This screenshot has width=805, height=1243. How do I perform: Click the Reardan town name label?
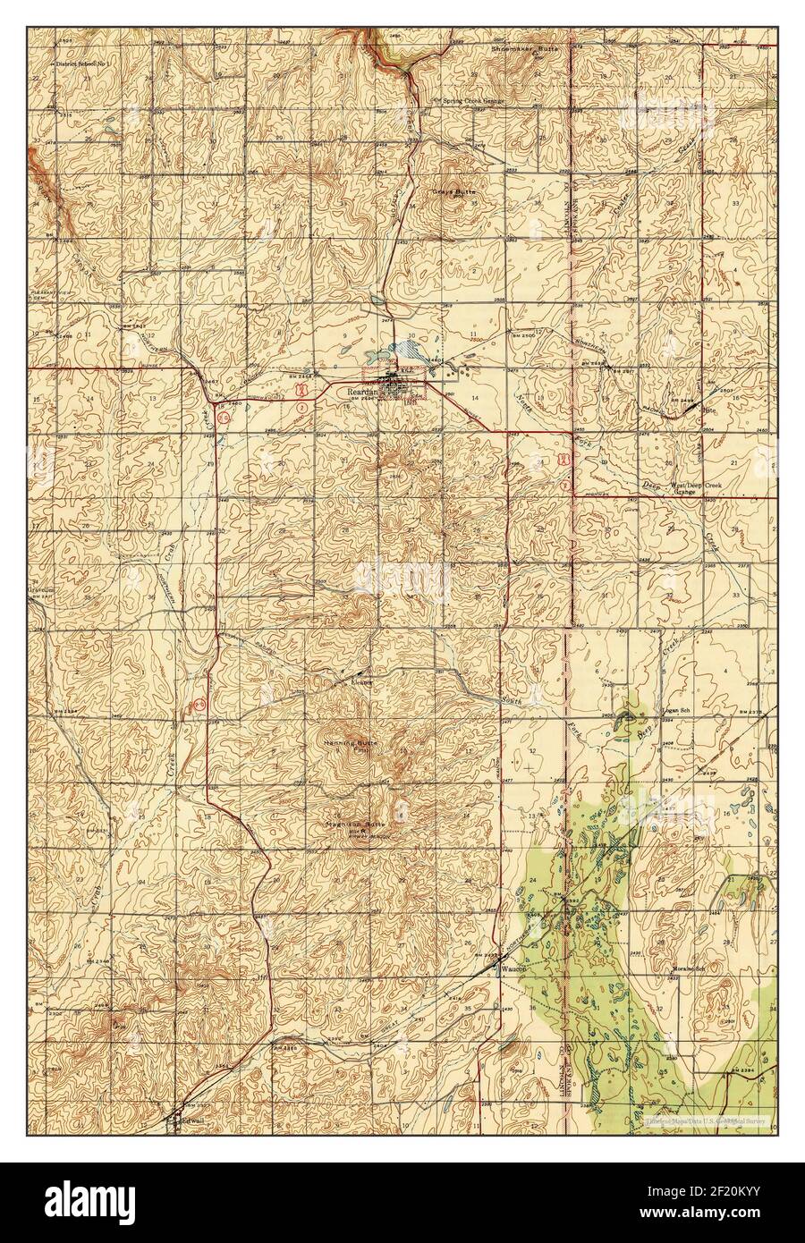tap(362, 390)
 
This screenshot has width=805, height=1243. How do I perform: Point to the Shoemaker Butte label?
tap(524, 49)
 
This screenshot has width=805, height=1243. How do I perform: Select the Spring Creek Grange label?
tap(469, 101)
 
